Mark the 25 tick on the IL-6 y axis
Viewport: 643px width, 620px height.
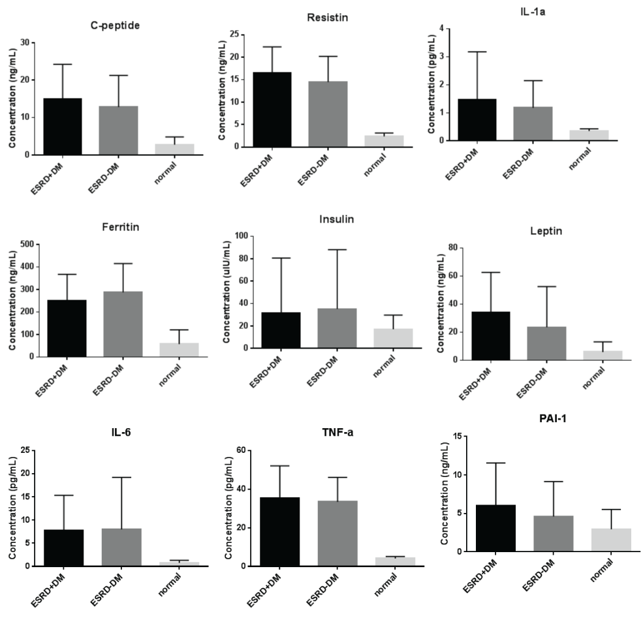click(x=27, y=450)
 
